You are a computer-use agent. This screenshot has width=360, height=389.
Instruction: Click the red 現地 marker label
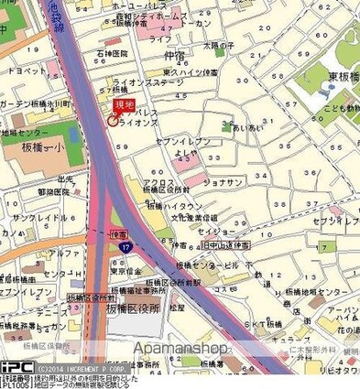tap(121, 106)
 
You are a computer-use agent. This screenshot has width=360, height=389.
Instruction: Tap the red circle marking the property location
tap(113, 119)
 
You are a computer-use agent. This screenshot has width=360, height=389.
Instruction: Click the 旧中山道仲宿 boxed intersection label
tap(226, 245)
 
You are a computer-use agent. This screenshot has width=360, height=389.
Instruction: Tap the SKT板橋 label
tap(265, 324)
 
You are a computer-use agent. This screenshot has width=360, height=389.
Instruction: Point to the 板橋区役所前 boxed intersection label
tap(92, 297)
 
